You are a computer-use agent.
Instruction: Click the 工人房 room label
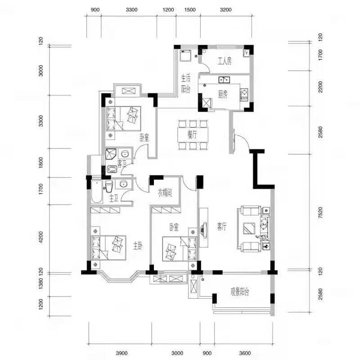225,61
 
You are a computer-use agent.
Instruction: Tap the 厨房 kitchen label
223,94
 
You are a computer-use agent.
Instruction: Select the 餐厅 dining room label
192,135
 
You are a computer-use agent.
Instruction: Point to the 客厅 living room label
222,227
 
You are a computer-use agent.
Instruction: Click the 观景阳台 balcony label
240,292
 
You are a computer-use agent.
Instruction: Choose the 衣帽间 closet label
165,193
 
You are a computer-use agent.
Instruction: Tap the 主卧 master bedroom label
138,246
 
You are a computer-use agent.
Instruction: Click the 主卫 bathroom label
114,198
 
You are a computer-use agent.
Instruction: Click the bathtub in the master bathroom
97,192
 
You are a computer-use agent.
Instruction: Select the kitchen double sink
224,80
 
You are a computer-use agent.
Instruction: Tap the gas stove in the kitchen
244,94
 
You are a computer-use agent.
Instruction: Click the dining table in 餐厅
193,135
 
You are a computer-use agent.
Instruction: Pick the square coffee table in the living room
249,228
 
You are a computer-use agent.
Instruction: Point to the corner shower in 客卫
111,154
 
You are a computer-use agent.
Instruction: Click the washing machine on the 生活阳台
185,56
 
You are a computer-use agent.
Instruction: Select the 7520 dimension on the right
320,212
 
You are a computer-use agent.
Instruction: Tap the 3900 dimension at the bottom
121,353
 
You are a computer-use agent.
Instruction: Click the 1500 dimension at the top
190,10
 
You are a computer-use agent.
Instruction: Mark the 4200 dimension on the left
40,237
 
